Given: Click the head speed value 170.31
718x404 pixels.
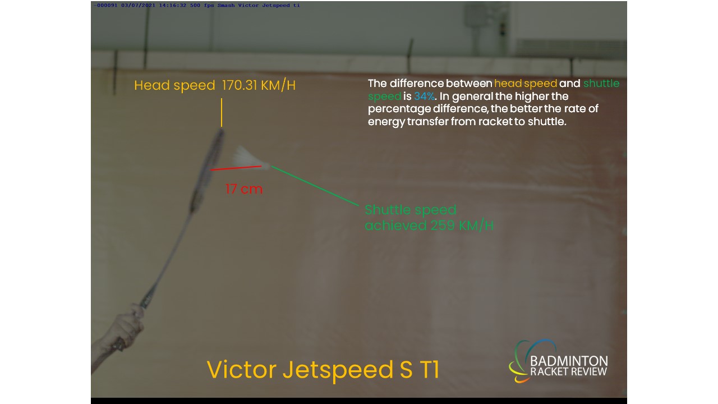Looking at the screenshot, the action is click(240, 85).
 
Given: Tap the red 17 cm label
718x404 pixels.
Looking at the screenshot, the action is click(244, 189).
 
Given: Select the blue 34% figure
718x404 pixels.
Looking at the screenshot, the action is click(425, 96).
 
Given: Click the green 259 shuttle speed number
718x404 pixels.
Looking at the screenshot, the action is click(443, 226).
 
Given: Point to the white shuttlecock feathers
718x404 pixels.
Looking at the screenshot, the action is click(247, 157).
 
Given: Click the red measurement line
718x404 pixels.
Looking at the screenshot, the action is click(236, 168).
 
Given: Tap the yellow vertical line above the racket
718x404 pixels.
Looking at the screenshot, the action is click(222, 112).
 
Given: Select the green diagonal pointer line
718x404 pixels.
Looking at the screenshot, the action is click(315, 186).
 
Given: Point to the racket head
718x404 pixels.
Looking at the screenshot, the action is click(208, 170).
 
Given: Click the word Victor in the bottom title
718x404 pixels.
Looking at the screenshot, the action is click(241, 370).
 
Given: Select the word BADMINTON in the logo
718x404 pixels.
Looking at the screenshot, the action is click(569, 361).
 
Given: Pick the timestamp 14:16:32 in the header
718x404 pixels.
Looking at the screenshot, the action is click(172, 6).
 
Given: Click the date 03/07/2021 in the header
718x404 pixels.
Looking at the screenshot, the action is click(138, 6).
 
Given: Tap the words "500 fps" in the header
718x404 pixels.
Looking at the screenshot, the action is click(202, 6).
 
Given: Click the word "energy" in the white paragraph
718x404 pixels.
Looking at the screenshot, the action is click(386, 122).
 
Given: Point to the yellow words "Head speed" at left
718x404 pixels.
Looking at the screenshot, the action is click(174, 86).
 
